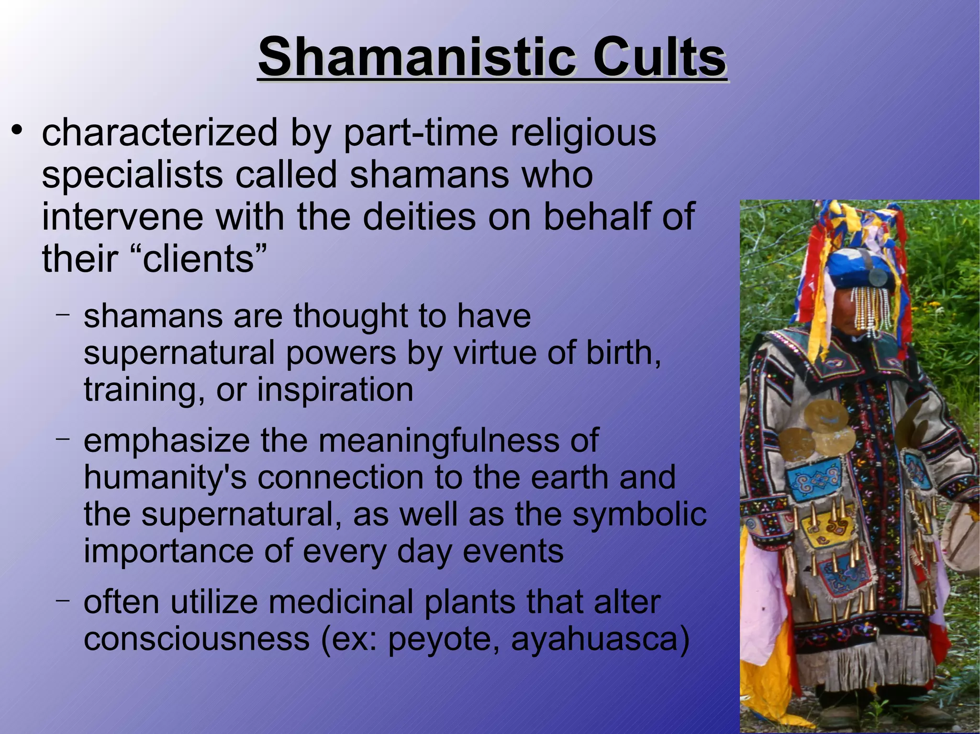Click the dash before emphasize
click(63, 438)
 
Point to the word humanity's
click(165, 477)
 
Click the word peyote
click(443, 639)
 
